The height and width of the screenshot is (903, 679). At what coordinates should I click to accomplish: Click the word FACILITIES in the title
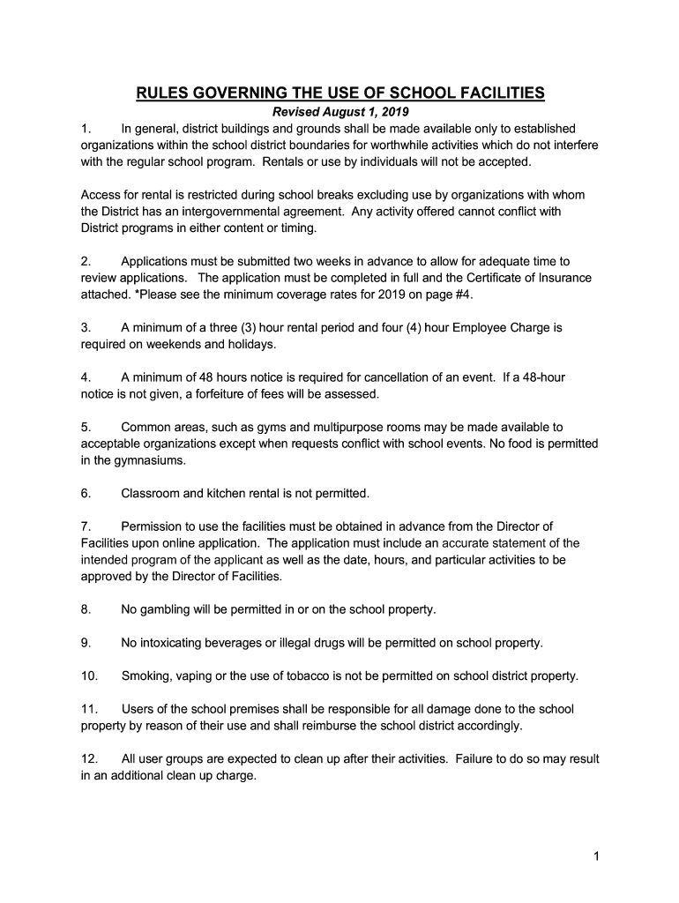496,93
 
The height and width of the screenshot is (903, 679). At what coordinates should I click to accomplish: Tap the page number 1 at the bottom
596,855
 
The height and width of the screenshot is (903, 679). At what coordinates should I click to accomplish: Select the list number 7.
86,526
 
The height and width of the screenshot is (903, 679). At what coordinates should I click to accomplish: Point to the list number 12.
89,759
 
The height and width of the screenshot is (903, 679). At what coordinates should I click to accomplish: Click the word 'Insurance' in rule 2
560,278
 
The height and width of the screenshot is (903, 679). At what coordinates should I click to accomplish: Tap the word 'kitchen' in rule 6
218,493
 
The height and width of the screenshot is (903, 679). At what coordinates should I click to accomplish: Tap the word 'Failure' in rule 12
477,759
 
